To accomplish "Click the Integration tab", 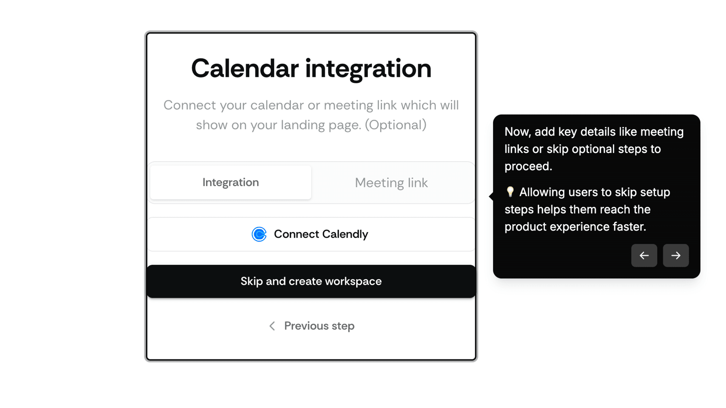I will (x=230, y=182).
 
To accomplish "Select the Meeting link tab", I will (x=391, y=183).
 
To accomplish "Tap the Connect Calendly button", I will (x=311, y=234).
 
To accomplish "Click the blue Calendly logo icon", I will (x=259, y=234).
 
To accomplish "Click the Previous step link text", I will (x=319, y=326).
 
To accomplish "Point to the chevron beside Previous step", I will (x=272, y=326).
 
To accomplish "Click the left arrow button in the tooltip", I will (x=644, y=255).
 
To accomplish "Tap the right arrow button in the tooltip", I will (x=676, y=255).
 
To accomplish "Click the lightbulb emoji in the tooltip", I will (x=510, y=192).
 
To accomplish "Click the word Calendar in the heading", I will (x=245, y=68).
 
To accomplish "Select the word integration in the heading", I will (x=368, y=68).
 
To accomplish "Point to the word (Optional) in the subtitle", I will (x=396, y=125).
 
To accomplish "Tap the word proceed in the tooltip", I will (x=528, y=166).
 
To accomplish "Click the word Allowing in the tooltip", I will (x=542, y=192).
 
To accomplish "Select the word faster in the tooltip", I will (x=629, y=227).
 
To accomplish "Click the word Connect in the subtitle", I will (x=190, y=105).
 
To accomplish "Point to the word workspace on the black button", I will (x=353, y=281).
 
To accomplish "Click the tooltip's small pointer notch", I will (x=491, y=196).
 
